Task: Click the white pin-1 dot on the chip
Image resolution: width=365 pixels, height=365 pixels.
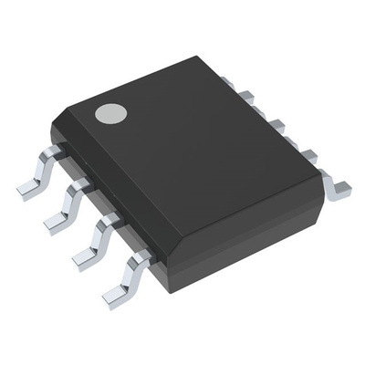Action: point(111,114)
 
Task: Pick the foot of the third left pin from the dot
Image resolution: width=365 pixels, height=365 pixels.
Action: point(84,259)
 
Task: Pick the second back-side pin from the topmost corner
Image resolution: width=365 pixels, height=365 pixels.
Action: point(274,122)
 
